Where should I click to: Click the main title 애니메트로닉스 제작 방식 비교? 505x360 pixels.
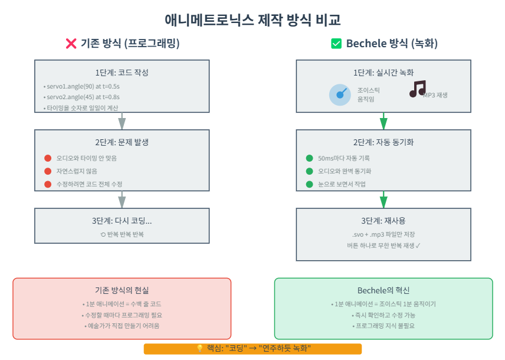coord(252,20)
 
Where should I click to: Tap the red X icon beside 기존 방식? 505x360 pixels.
coord(71,43)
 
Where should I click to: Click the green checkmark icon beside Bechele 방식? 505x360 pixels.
coord(336,43)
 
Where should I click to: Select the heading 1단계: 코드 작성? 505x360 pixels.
coord(122,73)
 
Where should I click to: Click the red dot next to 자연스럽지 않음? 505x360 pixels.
coord(48,171)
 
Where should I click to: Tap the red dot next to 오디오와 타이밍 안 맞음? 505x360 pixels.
coord(48,158)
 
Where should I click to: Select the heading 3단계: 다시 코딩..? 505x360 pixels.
coord(122,221)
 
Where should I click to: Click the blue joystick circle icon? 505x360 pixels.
coord(340,94)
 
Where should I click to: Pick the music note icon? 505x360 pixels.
coord(417,89)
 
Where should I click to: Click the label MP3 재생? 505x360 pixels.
coord(435,94)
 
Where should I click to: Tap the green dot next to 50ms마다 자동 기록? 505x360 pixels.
coord(309,158)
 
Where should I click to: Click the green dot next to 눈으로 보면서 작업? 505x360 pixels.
coord(309,184)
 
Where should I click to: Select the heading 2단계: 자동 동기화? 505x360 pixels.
coord(383,142)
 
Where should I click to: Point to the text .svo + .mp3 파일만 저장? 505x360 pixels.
coord(383,234)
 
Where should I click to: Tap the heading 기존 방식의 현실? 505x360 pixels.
coord(122,290)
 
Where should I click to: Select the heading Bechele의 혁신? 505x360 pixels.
coord(383,290)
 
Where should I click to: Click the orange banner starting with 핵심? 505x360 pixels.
coord(252,349)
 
